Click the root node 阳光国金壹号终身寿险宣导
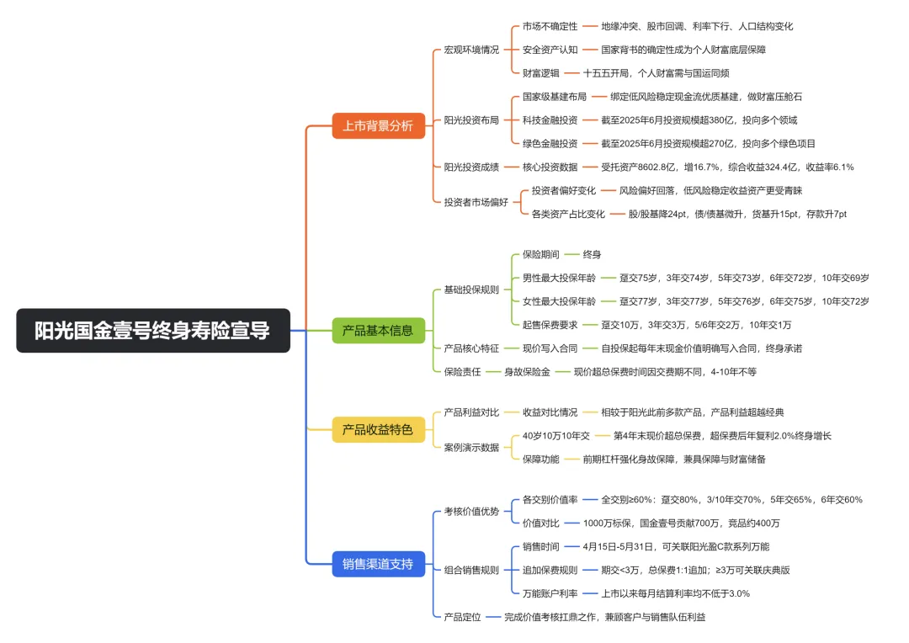coord(153,331)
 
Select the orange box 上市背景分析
coord(378,125)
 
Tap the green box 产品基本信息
coord(378,331)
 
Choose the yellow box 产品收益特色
coord(378,429)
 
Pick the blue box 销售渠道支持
coord(378,564)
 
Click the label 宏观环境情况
coord(471,50)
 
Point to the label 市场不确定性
coord(550,27)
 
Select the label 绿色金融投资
coord(550,144)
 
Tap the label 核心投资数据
coord(550,167)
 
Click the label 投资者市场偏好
coord(476,202)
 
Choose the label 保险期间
coord(541,254)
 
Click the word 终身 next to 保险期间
coord(592,254)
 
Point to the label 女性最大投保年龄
coord(559,301)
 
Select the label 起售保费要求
coord(550,325)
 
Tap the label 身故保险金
coord(527,372)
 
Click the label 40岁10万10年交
coord(556,436)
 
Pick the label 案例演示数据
coord(471,448)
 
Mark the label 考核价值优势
coord(471,512)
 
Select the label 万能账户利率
coord(550,593)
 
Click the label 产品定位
coord(463,618)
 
